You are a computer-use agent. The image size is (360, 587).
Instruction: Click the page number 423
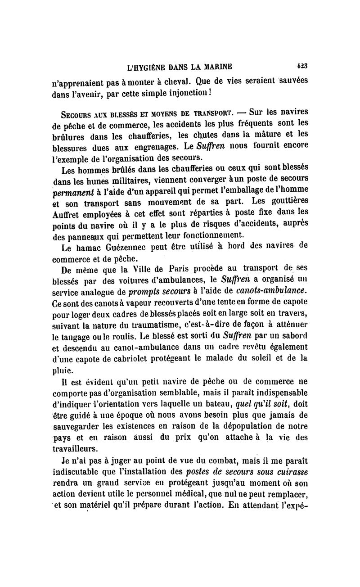pyautogui.click(x=302, y=66)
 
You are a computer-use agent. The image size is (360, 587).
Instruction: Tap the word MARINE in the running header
pyautogui.click(x=217, y=68)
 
